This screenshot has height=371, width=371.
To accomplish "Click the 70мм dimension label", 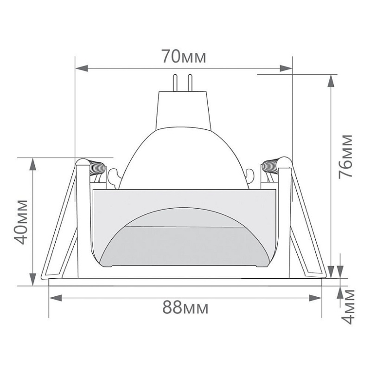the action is click(x=184, y=56).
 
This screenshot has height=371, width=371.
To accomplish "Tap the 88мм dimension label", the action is click(x=185, y=307).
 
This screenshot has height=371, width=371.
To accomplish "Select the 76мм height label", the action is click(x=346, y=157).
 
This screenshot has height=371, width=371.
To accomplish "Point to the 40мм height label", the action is click(x=21, y=222).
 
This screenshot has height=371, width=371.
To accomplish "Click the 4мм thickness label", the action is click(x=349, y=307).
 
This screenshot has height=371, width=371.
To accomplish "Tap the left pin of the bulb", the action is click(x=175, y=83).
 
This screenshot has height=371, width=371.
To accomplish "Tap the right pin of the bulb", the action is click(x=190, y=83).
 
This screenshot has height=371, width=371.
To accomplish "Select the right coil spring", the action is click(x=270, y=166).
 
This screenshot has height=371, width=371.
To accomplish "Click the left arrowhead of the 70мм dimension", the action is click(x=82, y=69).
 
